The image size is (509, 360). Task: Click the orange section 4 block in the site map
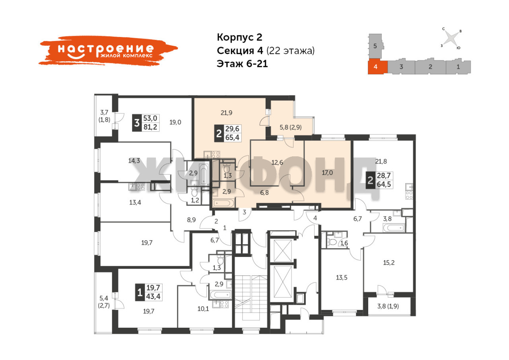pyautogui.click(x=377, y=67)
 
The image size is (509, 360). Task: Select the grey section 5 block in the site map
pyautogui.click(x=375, y=46)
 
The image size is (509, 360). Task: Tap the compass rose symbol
pyautogui.click(x=451, y=39)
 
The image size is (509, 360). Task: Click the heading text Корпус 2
pyautogui.click(x=239, y=37)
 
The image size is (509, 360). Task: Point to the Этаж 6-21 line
pyautogui.click(x=242, y=64)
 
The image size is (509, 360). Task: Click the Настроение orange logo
pyautogui.click(x=108, y=51)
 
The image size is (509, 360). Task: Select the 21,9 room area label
pyautogui.click(x=226, y=113)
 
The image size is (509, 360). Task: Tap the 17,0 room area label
pyautogui.click(x=327, y=173)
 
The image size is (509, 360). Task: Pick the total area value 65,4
pyautogui.click(x=232, y=138)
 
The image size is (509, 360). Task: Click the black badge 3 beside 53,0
pyautogui.click(x=136, y=123)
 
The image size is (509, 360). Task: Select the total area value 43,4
pyautogui.click(x=153, y=297)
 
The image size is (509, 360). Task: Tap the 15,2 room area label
pyautogui.click(x=389, y=263)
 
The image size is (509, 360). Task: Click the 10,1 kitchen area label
pyautogui.click(x=203, y=309)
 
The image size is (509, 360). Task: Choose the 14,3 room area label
pyautogui.click(x=134, y=161)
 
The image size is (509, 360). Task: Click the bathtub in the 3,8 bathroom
pyautogui.click(x=394, y=228)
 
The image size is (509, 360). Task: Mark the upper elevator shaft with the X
pyautogui.click(x=283, y=251)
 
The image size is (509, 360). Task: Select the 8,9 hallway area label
pyautogui.click(x=191, y=220)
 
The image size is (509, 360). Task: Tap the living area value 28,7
pyautogui.click(x=384, y=175)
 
